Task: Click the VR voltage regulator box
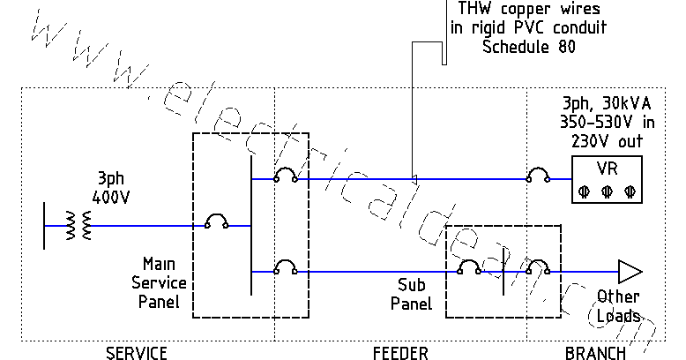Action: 605,180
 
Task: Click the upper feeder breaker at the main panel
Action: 284,176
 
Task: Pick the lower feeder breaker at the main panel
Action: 284,268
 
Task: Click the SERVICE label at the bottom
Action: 137,353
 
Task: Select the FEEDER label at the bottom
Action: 400,353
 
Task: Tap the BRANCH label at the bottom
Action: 595,353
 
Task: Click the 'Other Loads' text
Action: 618,305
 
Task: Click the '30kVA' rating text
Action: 619,102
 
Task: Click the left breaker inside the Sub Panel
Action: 466,268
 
